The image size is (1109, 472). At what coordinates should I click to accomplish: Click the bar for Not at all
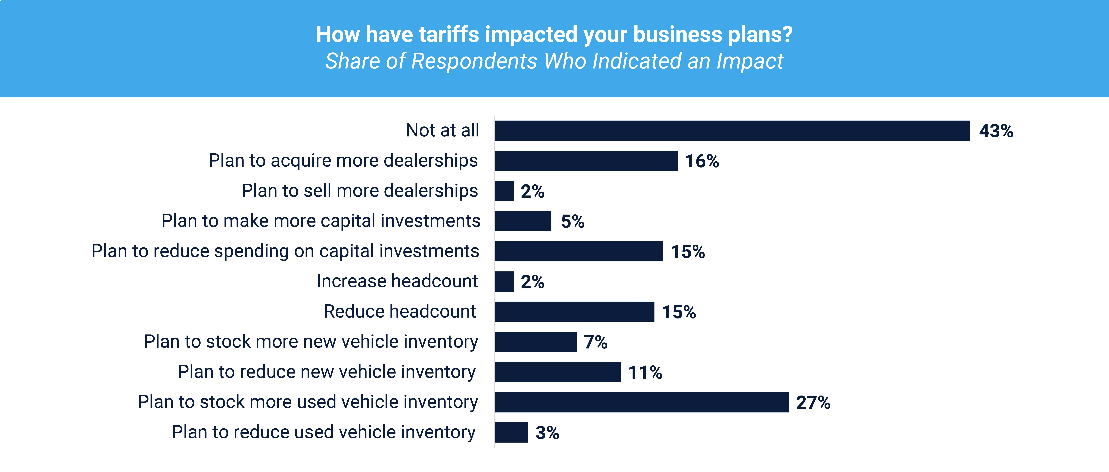coord(732,131)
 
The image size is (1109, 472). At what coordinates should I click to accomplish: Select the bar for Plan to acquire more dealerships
coord(586,161)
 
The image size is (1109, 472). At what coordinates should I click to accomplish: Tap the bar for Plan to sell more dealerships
coord(504,191)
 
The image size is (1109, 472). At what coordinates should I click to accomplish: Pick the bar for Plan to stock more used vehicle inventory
coord(642,402)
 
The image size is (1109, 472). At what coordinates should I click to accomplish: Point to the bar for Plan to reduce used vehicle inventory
coord(511,432)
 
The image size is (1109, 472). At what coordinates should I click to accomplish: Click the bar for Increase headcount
coord(504,281)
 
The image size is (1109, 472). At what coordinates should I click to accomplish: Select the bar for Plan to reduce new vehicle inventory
coord(558,372)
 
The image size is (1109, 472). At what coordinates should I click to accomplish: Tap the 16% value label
coord(702,161)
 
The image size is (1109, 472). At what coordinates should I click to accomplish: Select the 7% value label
coord(595,342)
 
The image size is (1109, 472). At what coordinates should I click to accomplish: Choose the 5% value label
coord(573,222)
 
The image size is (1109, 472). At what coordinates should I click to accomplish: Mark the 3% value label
coord(547,433)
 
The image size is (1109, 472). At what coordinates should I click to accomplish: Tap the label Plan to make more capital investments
coord(321,221)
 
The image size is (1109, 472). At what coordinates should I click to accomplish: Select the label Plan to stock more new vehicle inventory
coord(311,341)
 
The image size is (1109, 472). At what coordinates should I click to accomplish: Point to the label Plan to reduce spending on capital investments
coord(285,251)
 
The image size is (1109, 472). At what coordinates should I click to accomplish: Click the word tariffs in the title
coord(449,35)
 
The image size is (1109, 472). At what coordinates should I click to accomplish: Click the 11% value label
coord(645,372)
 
